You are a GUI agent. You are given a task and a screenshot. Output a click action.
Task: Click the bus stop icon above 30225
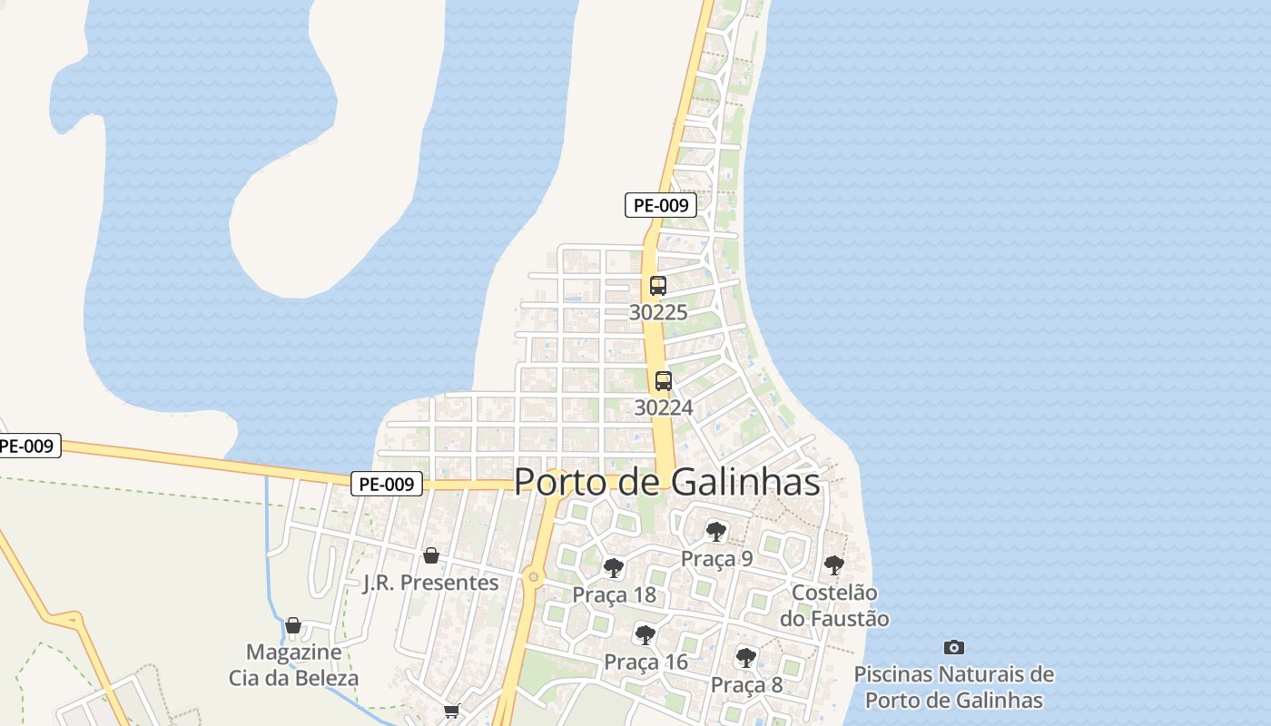click(658, 286)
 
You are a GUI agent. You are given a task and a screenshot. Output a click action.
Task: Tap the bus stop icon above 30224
click(664, 381)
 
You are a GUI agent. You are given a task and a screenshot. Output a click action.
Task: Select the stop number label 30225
click(658, 312)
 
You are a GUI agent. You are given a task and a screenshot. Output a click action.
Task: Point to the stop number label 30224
click(664, 407)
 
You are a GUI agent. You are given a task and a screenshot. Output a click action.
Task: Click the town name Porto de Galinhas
click(667, 482)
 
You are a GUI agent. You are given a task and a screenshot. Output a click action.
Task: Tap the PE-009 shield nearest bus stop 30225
click(661, 205)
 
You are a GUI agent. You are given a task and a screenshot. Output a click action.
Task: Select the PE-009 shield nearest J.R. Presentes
click(388, 485)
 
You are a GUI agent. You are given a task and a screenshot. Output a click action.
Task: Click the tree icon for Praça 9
click(716, 532)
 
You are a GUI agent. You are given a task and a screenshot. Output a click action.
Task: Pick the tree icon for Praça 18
click(614, 569)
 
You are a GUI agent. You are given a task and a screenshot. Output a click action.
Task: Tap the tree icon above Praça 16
click(645, 635)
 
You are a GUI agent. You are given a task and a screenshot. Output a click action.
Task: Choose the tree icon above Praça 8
click(746, 658)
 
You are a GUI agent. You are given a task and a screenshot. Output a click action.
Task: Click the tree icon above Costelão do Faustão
click(834, 566)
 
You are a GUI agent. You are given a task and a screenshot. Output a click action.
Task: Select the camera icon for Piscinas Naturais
click(953, 647)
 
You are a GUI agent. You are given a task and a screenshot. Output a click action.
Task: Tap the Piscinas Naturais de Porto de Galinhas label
click(953, 688)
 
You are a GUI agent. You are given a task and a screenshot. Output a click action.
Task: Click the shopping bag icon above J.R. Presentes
click(431, 555)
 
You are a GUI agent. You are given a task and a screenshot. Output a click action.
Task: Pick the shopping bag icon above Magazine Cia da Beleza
click(293, 625)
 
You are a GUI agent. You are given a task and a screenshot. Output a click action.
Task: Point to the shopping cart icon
click(451, 711)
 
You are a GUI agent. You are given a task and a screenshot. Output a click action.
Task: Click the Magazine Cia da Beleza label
click(293, 665)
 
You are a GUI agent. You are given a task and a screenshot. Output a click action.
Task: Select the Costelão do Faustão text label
click(834, 605)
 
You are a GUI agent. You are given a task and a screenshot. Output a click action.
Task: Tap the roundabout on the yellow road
click(533, 576)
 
